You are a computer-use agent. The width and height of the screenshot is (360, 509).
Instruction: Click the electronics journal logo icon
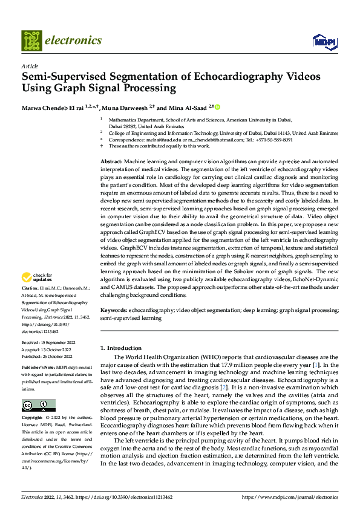31,40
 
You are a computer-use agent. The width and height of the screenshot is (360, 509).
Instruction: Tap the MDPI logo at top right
324,41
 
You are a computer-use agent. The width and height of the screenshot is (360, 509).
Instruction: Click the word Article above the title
30,66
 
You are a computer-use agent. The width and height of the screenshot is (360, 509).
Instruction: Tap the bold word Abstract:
111,163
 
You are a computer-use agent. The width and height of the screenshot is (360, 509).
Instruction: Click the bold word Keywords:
115,310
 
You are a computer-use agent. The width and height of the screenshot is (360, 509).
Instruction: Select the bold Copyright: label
32,418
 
